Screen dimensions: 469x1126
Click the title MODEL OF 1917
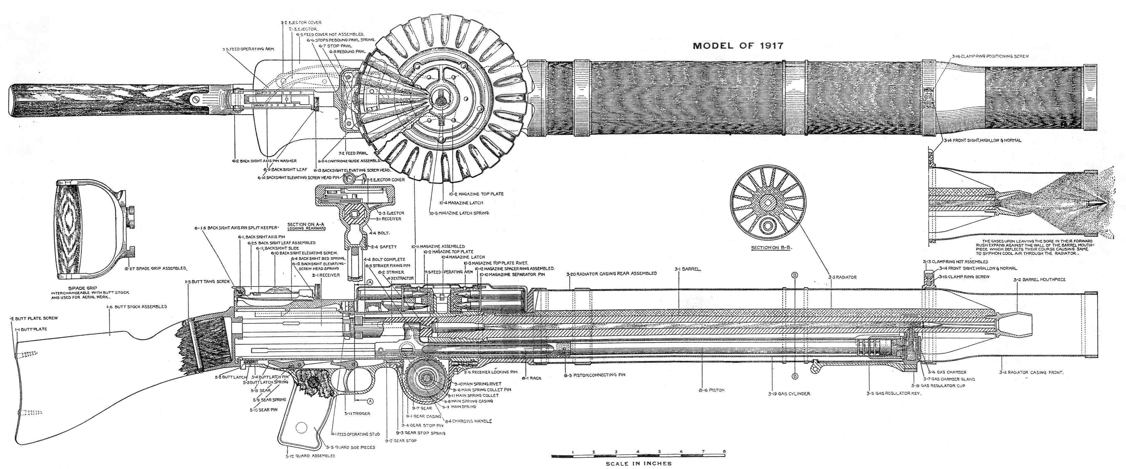point(738,45)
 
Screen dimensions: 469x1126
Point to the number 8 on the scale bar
point(724,452)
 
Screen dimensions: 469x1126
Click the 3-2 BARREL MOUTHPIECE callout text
point(1043,279)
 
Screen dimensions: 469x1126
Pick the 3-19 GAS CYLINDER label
point(789,394)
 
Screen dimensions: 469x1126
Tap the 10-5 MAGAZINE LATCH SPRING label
point(459,213)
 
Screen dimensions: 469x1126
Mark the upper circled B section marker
point(795,275)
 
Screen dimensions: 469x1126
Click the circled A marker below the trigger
point(370,400)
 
